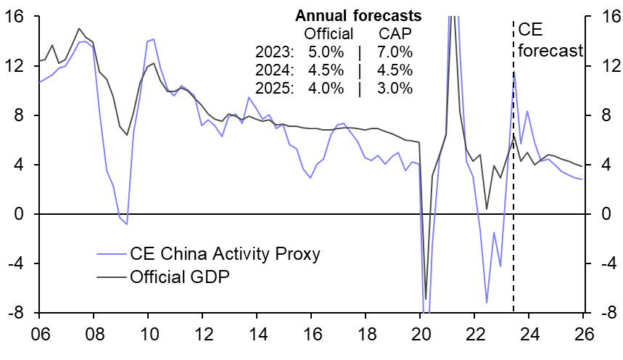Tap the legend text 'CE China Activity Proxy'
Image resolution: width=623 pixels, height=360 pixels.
tap(225, 253)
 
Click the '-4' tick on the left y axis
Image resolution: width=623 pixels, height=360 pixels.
tap(19, 264)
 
